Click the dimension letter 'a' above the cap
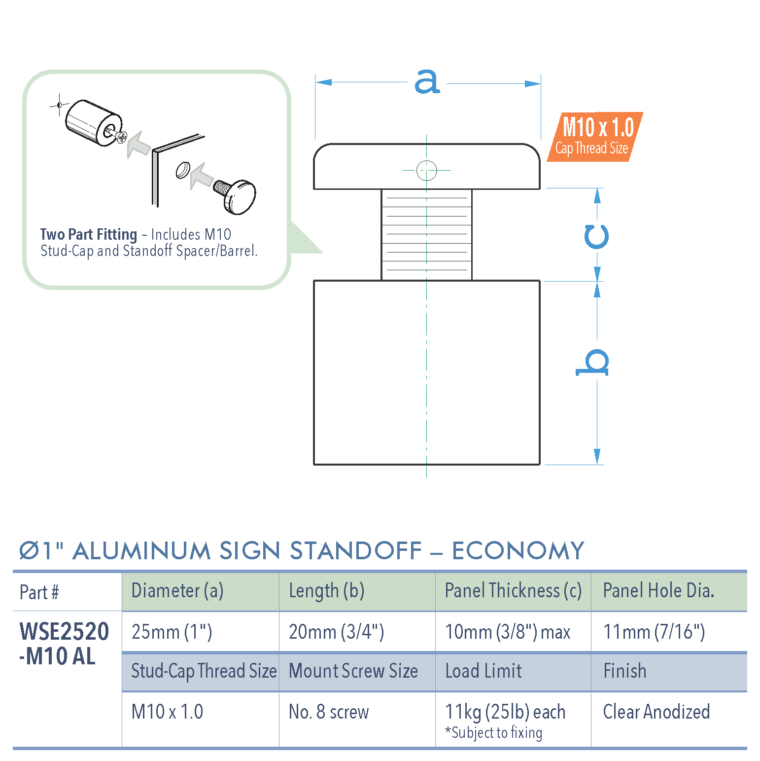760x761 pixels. point(427,81)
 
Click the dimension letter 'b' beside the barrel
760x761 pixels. point(593,363)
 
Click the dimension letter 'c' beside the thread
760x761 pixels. point(596,237)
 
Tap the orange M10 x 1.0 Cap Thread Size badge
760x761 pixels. point(595,137)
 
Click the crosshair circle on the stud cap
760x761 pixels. point(427,171)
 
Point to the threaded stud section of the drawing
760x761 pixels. point(427,235)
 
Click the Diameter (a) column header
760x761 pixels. point(177,591)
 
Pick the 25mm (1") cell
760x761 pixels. point(172,632)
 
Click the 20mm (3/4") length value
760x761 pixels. point(336,632)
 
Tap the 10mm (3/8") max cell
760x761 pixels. point(507,632)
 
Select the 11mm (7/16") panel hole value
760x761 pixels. point(654,632)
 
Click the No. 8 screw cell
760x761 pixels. point(329,712)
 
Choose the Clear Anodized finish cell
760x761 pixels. point(656,712)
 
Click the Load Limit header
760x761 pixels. point(483,671)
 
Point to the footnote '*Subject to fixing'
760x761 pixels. point(493,733)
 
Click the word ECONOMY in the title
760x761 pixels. point(518,551)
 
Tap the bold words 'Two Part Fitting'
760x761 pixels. point(88,234)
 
